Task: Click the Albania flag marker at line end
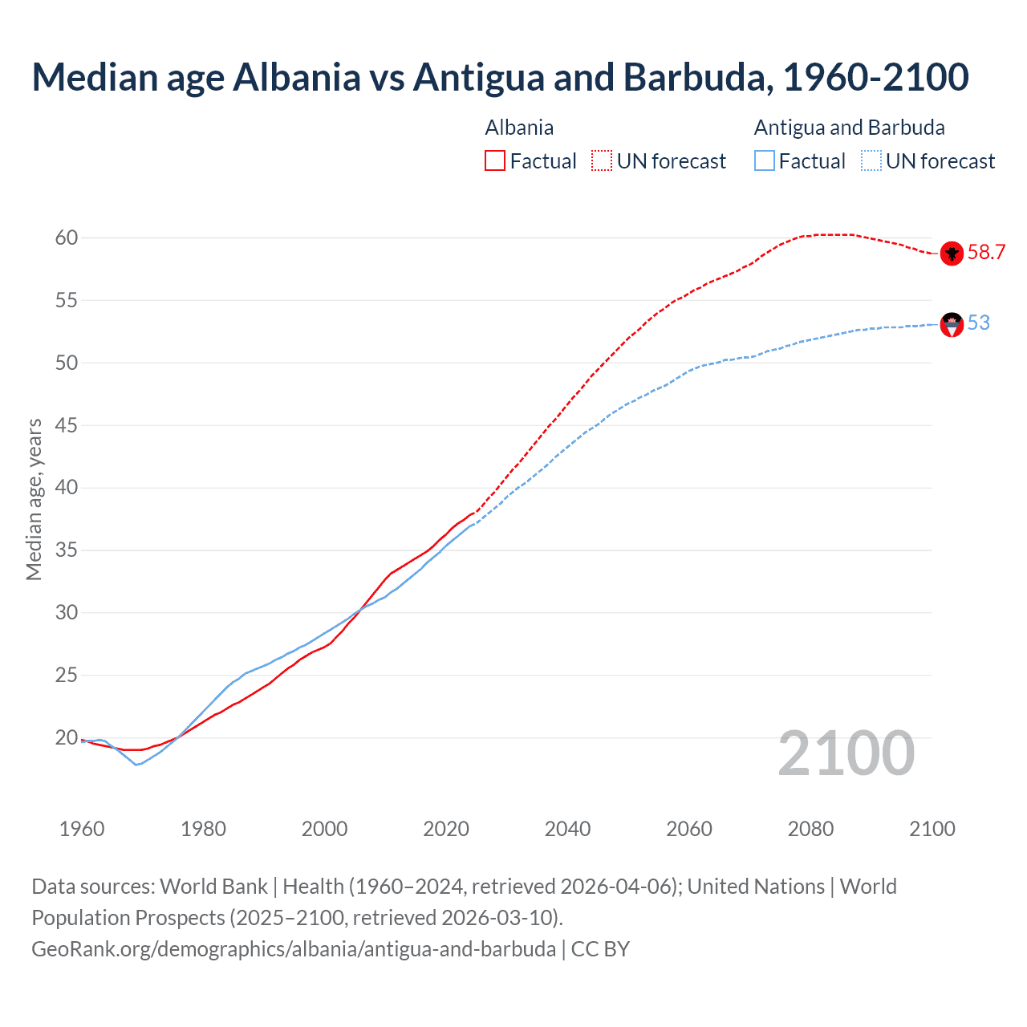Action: click(x=952, y=254)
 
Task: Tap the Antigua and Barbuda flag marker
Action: click(x=952, y=324)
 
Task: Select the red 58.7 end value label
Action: click(x=986, y=253)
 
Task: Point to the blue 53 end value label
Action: click(x=979, y=323)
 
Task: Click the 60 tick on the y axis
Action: click(x=66, y=237)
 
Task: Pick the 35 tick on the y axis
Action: click(x=66, y=550)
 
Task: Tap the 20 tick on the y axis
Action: click(x=66, y=737)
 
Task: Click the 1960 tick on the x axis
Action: click(x=82, y=829)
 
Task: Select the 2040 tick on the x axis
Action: click(x=567, y=829)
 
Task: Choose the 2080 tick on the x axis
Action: click(x=810, y=829)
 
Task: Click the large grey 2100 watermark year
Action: click(x=846, y=753)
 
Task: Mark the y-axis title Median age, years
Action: click(x=34, y=499)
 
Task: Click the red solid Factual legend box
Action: click(x=495, y=161)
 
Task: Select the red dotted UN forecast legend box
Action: click(x=602, y=161)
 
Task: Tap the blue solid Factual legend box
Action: click(x=765, y=161)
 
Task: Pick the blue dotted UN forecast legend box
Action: click(x=871, y=161)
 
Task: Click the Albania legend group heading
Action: click(x=519, y=128)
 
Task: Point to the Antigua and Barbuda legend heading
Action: click(x=849, y=128)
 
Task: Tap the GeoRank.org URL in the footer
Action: click(x=294, y=949)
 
